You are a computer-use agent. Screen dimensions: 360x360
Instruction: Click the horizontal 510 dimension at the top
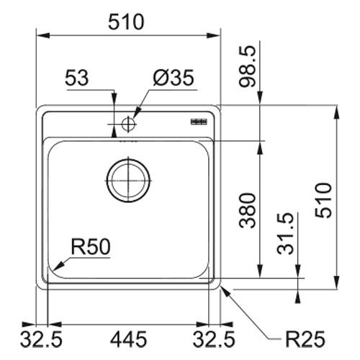coord(126,22)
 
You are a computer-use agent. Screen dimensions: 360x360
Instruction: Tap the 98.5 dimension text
coord(248,66)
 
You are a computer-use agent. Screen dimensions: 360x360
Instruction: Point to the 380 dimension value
coord(248,210)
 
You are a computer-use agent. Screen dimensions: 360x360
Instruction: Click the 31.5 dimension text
coord(285,233)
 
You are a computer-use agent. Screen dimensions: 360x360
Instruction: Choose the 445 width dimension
coord(128,339)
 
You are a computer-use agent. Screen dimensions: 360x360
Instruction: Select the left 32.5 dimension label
coord(41,339)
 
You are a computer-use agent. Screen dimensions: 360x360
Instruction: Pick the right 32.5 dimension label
coord(214,339)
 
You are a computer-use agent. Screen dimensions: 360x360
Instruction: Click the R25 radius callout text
coord(305,339)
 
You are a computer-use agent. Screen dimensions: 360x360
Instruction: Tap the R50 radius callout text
coord(91,247)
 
